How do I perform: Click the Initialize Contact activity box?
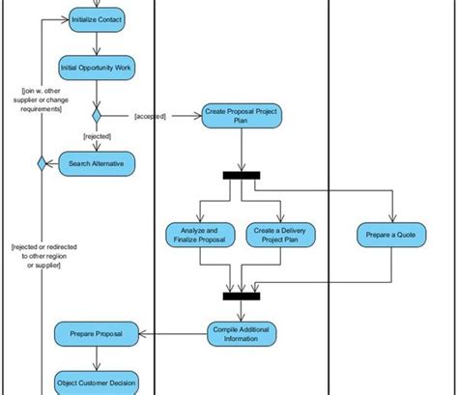coord(97,19)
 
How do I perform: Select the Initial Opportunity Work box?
coord(97,69)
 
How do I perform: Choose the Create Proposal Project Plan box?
coord(242,116)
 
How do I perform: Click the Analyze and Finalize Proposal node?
coord(199,236)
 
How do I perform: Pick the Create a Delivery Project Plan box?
coord(282,236)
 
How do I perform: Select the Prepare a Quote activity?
coord(392,236)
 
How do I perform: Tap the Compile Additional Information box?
coord(242,333)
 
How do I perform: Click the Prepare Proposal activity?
coord(96,334)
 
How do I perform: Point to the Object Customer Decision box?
coord(96,381)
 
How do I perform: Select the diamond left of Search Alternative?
coord(42,164)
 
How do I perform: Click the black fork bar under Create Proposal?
coord(242,175)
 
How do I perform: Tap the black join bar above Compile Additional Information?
coord(242,296)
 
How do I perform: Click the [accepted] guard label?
coord(151,116)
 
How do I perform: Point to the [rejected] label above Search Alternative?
coord(98,137)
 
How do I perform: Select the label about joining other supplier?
coord(43,100)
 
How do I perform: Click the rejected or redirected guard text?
coord(43,256)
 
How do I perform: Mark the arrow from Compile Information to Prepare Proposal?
coord(174,334)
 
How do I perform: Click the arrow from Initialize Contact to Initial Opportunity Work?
coord(97,42)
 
